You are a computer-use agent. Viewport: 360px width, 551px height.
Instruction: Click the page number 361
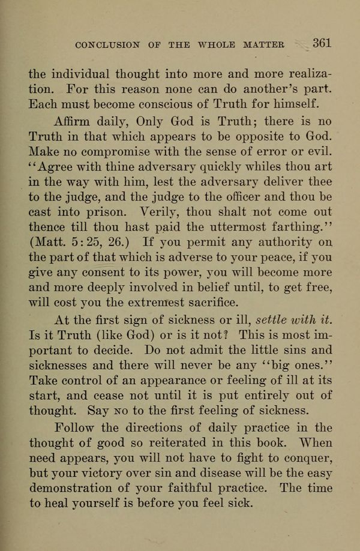[322, 44]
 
